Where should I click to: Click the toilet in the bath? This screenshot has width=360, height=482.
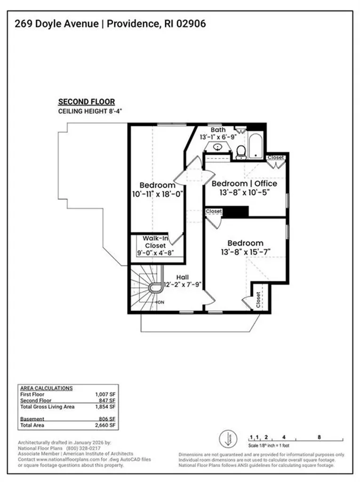click(241, 151)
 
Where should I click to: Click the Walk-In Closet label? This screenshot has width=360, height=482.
click(155, 242)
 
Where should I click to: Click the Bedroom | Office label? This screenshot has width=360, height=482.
click(244, 183)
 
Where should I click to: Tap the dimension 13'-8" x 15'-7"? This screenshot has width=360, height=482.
click(245, 252)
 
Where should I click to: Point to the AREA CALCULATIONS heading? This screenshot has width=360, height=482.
click(46, 388)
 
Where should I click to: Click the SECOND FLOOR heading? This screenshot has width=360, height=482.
click(86, 101)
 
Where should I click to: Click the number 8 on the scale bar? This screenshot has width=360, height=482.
click(319, 437)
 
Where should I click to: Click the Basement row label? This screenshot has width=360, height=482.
click(32, 419)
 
